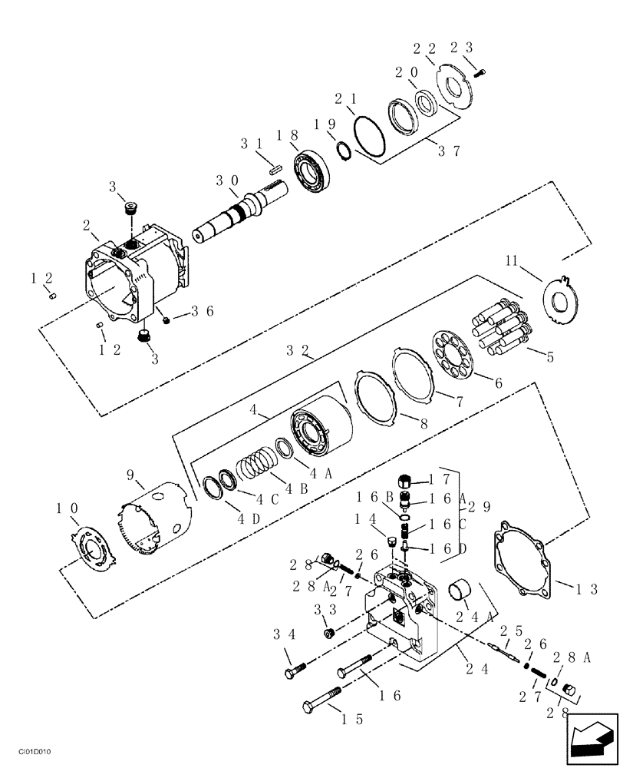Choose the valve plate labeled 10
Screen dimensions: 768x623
pyautogui.click(x=95, y=550)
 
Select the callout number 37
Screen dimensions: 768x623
pyautogui.click(x=450, y=151)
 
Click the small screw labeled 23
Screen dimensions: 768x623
pyautogui.click(x=480, y=72)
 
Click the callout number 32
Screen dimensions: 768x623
pyautogui.click(x=298, y=349)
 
